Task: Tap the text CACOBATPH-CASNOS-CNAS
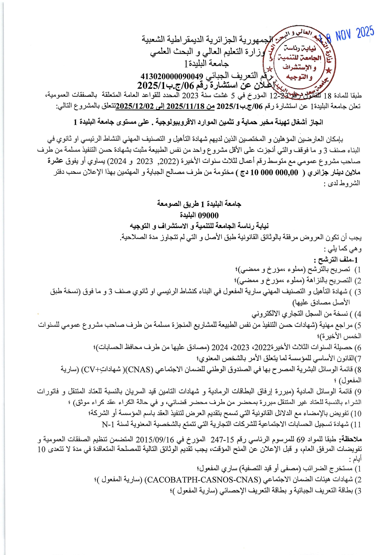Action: point(203,479)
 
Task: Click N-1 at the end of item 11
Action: point(108,424)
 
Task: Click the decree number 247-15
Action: point(223,440)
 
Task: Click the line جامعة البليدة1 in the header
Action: point(207,64)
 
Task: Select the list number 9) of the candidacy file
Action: point(358,392)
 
